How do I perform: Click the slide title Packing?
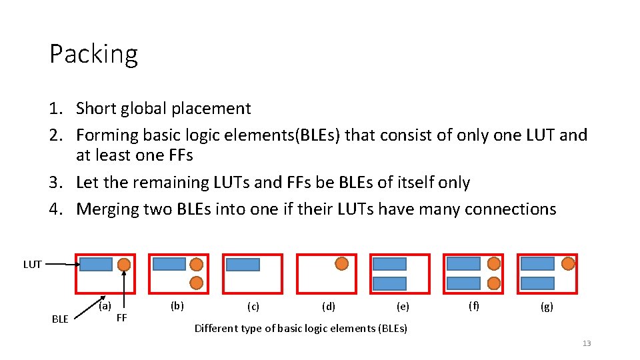(x=93, y=55)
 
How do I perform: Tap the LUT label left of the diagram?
(x=33, y=265)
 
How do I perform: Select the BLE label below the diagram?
(x=60, y=319)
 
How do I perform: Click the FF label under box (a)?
(x=121, y=317)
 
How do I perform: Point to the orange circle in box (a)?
(x=124, y=265)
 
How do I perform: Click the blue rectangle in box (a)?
(x=96, y=265)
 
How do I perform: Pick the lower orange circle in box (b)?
(x=197, y=282)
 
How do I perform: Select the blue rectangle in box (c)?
(x=243, y=265)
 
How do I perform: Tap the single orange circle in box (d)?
(x=341, y=263)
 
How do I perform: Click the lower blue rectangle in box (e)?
(x=389, y=283)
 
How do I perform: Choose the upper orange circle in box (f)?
(x=494, y=263)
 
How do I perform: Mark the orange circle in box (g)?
(x=568, y=263)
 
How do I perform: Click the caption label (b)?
(x=177, y=306)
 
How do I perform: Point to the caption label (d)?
(x=329, y=307)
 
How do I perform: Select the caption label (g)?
(x=546, y=307)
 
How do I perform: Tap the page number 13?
(x=587, y=343)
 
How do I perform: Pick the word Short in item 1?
(x=95, y=109)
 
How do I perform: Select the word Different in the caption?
(x=215, y=328)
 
